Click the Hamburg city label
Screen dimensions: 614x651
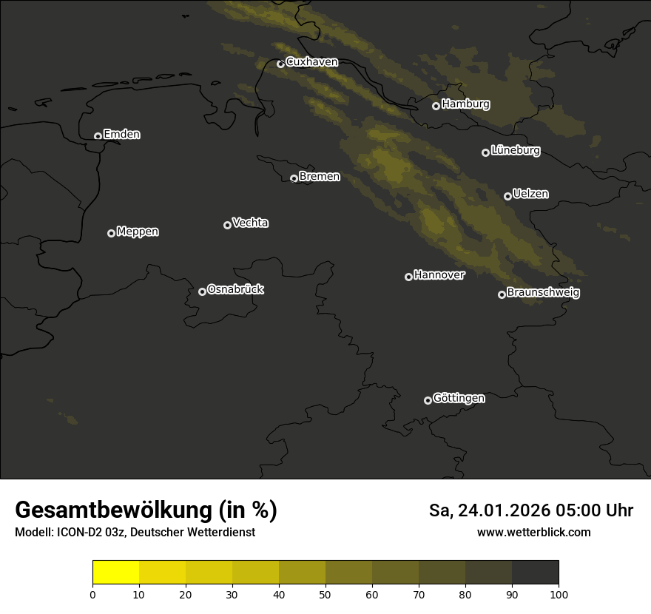click(465, 104)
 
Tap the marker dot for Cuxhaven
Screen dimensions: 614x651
click(280, 64)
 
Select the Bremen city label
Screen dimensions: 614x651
click(320, 177)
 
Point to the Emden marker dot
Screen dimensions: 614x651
click(98, 136)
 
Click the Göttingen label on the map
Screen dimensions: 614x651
click(459, 399)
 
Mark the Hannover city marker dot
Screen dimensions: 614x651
click(408, 277)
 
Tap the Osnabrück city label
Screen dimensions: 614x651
click(235, 290)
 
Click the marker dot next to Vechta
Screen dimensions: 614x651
click(227, 225)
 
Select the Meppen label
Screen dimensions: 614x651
click(138, 232)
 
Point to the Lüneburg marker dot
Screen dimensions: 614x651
click(485, 152)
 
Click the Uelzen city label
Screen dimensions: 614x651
click(530, 195)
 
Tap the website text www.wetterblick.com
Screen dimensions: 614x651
click(533, 533)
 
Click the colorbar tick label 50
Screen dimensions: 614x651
click(325, 594)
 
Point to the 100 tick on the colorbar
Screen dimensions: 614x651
click(559, 594)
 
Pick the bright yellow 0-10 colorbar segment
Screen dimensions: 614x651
click(116, 573)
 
